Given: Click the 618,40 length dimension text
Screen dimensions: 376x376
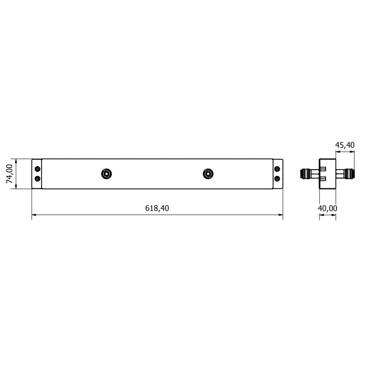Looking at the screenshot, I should [x=157, y=208].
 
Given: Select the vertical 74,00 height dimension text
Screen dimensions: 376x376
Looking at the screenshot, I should [x=9, y=174].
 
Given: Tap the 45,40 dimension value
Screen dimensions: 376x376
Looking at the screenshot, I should [x=345, y=145].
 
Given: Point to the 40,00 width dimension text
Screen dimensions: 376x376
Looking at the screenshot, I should [x=328, y=208].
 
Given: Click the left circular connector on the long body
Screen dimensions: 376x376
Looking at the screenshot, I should [x=107, y=173].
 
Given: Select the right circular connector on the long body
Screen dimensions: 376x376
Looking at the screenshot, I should [x=208, y=173].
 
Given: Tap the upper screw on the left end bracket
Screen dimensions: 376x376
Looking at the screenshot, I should [x=38, y=169].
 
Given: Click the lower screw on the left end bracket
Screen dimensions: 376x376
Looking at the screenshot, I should [x=38, y=179].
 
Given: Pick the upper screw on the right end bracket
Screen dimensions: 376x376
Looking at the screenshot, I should [x=277, y=169].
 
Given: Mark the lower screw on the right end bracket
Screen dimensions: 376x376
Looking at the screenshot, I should [x=277, y=179].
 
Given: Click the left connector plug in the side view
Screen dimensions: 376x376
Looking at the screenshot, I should [x=307, y=173].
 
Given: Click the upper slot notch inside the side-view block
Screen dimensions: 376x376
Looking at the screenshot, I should [x=323, y=168].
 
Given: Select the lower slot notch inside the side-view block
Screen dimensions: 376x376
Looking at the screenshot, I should [x=323, y=179].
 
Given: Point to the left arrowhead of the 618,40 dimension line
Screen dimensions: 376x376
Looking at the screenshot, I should [x=34, y=215].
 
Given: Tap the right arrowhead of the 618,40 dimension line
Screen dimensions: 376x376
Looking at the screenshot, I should [x=280, y=215].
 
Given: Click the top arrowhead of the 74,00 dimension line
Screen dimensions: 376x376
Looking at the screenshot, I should [x=16, y=161].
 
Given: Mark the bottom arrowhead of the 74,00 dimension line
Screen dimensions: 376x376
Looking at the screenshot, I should [x=16, y=187].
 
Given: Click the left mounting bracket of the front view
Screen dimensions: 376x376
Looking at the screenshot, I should [x=37, y=174].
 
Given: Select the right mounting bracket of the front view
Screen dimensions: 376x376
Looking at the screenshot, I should [x=278, y=174].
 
